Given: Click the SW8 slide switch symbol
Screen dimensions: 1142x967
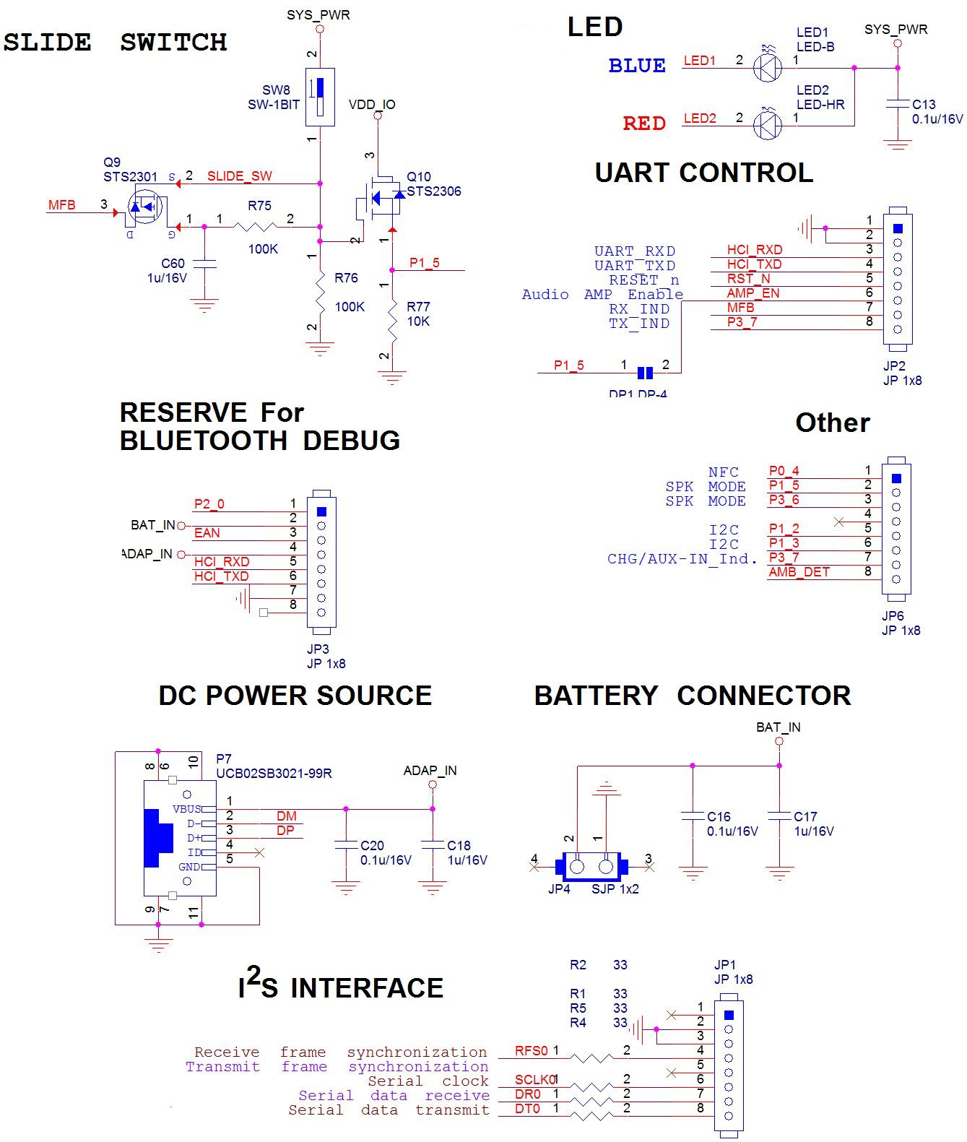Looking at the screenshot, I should point(319,97).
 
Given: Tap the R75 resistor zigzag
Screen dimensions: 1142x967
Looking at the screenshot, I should point(255,228).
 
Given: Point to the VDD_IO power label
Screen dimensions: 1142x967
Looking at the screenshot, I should point(372,105).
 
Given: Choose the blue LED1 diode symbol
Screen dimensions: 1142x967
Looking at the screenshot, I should point(767,68).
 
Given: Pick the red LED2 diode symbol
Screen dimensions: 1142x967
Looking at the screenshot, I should point(767,125).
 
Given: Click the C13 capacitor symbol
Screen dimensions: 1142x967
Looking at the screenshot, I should point(898,104).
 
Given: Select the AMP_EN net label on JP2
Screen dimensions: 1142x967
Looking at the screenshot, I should point(753,293).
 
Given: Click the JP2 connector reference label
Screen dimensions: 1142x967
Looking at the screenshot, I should point(894,366).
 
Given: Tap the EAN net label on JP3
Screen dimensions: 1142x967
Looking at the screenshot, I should point(207,533).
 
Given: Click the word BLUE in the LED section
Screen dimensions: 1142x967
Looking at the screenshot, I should point(636,66).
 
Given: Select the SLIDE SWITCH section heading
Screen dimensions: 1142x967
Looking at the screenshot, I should point(116,42).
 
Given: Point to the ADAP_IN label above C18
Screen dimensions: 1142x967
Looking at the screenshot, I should point(430,771).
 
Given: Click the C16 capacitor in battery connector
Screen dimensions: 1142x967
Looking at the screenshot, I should point(693,816).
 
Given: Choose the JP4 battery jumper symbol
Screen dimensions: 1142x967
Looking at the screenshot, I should point(591,865).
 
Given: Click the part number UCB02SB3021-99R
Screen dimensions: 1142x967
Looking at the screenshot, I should point(274,774).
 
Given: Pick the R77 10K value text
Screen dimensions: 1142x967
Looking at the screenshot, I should point(418,321).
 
